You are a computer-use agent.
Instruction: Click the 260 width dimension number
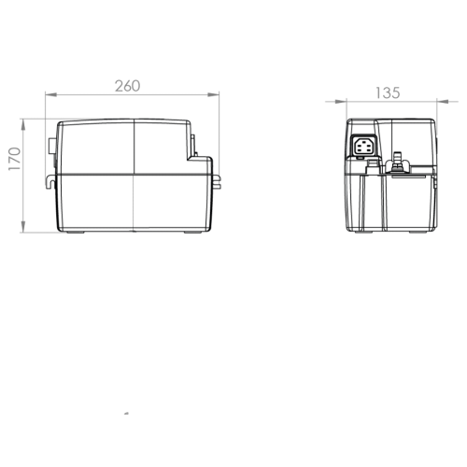(x=127, y=86)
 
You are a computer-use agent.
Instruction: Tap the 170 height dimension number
(x=15, y=159)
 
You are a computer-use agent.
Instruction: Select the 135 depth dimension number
(x=388, y=93)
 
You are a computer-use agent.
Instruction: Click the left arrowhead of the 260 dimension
(x=50, y=94)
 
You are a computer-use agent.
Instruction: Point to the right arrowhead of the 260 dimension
(x=214, y=94)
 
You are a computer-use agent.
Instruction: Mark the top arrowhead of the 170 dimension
(x=23, y=125)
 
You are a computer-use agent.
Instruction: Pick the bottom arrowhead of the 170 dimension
(x=23, y=227)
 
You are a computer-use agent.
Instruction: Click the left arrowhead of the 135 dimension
(x=341, y=102)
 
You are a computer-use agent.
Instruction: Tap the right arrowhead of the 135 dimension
(x=443, y=102)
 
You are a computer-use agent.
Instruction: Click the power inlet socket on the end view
(x=364, y=146)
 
